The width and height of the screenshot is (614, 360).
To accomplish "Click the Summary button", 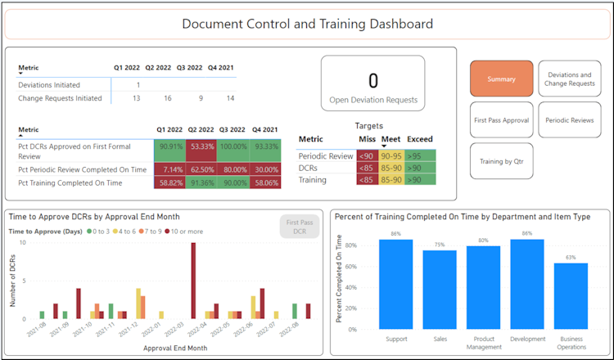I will pyautogui.click(x=501, y=79).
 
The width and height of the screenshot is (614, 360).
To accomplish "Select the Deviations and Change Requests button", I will pyautogui.click(x=571, y=79).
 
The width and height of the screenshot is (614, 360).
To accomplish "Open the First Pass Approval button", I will pyautogui.click(x=501, y=119).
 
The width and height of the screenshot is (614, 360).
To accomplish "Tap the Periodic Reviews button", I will pyautogui.click(x=571, y=119).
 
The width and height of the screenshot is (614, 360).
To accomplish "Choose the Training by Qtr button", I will pyautogui.click(x=501, y=160).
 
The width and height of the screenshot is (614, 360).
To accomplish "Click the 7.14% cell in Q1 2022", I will pyautogui.click(x=170, y=169).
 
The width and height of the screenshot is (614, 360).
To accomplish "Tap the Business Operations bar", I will pyautogui.click(x=571, y=296).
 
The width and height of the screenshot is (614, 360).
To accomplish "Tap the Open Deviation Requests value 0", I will pyautogui.click(x=372, y=80).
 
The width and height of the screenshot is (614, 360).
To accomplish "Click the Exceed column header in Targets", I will pyautogui.click(x=420, y=139).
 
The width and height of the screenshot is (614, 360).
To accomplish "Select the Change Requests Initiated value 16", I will pyautogui.click(x=168, y=98).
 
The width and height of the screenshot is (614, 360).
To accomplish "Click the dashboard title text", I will pyautogui.click(x=307, y=24).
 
